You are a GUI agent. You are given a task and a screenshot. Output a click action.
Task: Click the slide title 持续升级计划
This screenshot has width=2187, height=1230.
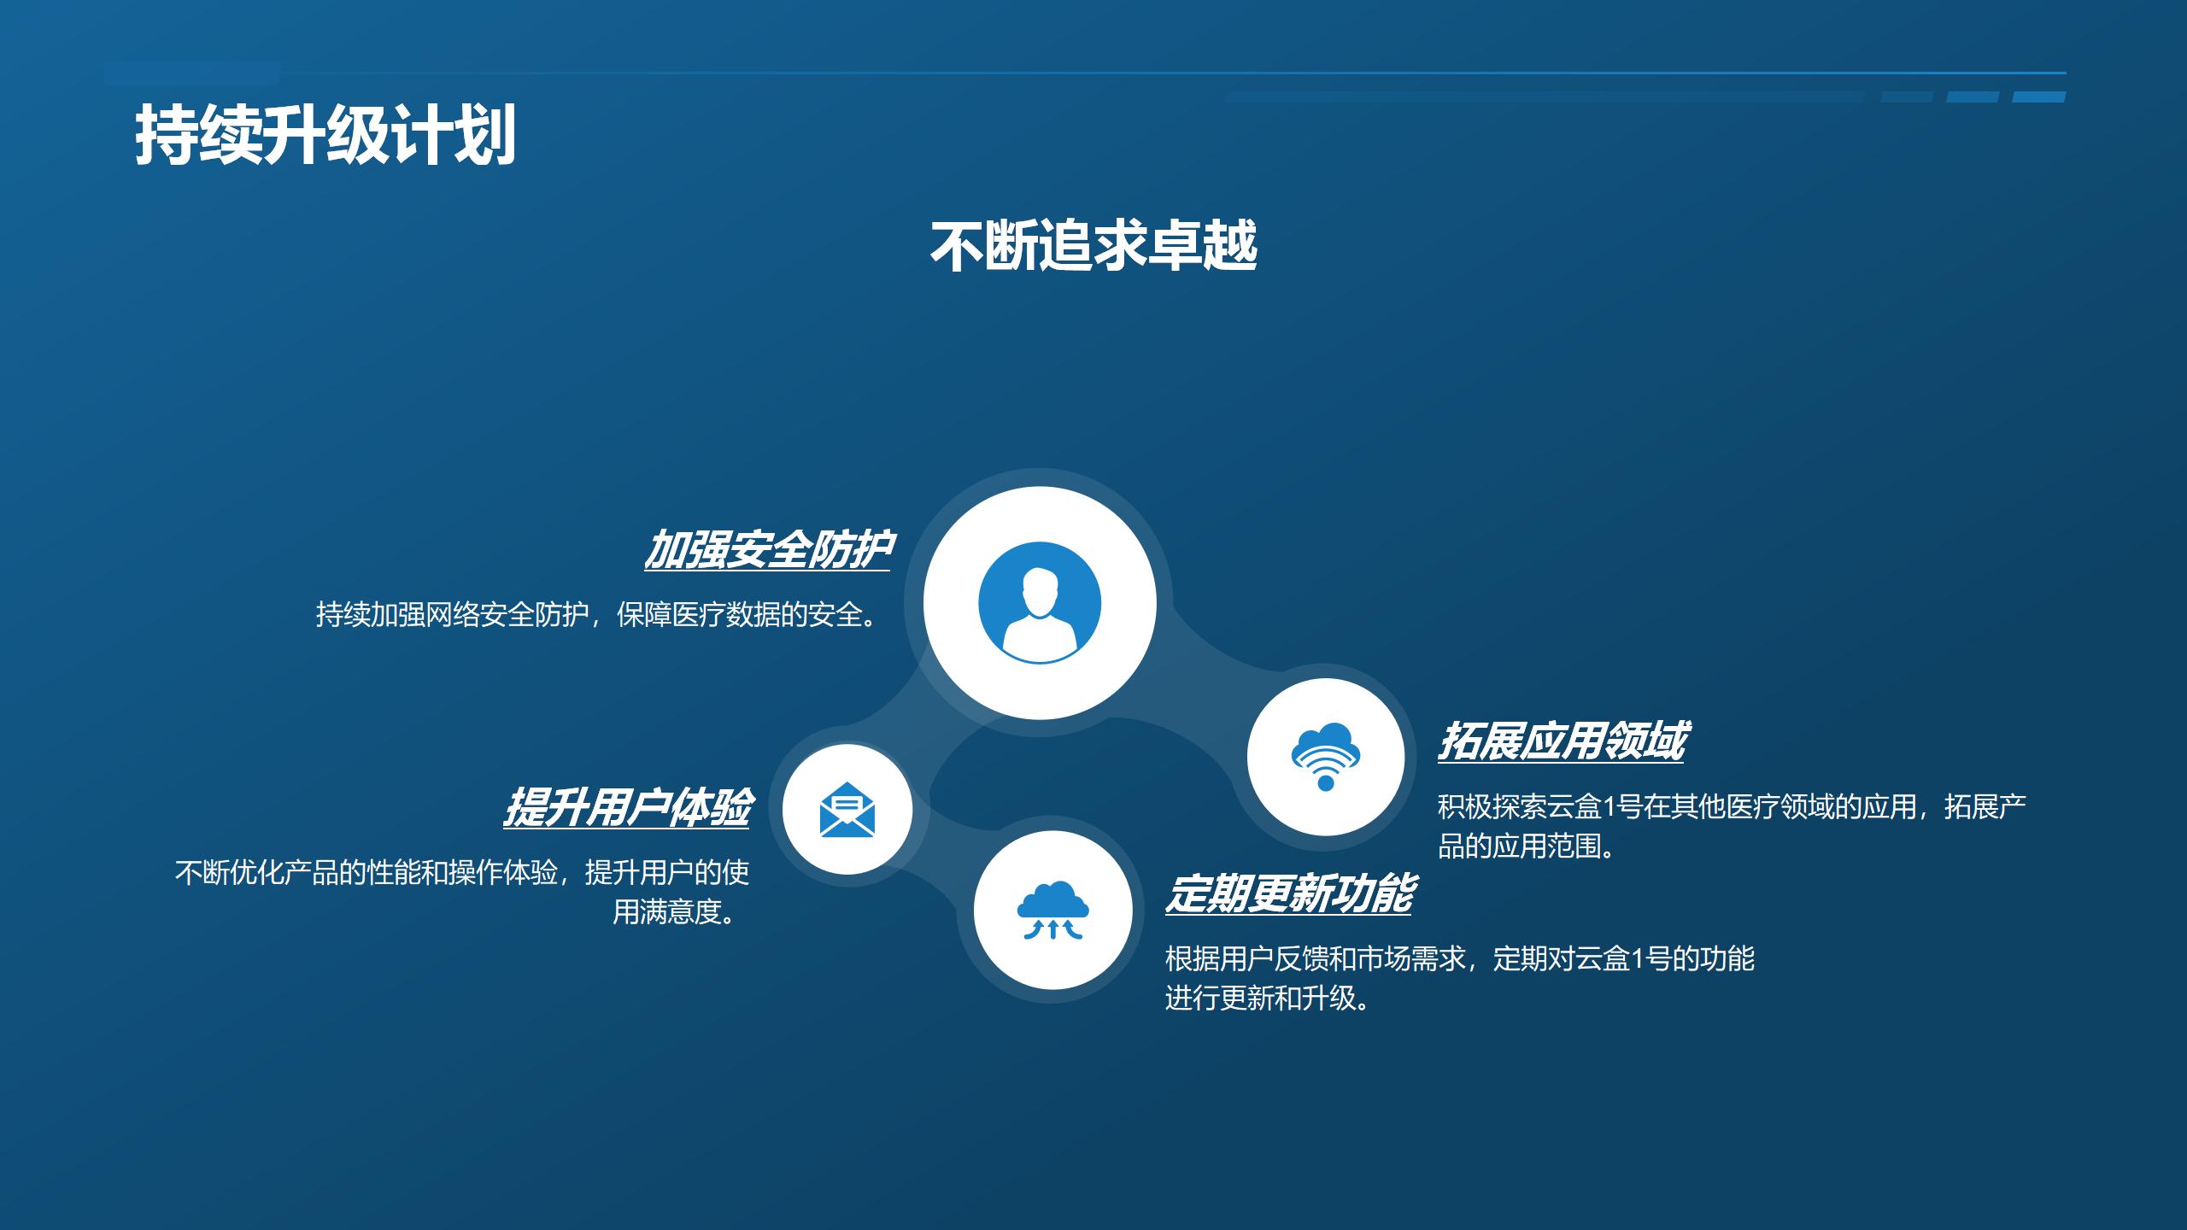tap(325, 135)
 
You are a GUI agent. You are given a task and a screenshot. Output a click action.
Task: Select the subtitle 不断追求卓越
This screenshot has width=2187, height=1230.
tap(1093, 246)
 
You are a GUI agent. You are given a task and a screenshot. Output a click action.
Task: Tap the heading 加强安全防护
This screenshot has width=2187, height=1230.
tap(767, 549)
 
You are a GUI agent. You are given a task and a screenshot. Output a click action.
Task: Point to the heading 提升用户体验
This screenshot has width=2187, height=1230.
tap(627, 807)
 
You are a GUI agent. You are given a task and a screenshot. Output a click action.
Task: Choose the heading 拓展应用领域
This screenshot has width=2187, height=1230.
tap(1561, 741)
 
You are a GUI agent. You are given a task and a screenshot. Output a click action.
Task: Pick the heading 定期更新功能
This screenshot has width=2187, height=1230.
tap(1288, 894)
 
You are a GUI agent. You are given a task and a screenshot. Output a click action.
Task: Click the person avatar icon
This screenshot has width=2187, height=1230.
tap(1040, 603)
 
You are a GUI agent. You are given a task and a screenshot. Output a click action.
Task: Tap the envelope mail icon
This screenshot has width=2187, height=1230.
tap(847, 809)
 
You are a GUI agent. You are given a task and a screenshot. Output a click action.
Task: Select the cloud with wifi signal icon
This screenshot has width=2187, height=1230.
tap(1325, 756)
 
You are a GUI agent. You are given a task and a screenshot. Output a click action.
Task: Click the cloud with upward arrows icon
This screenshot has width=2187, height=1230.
tap(1052, 911)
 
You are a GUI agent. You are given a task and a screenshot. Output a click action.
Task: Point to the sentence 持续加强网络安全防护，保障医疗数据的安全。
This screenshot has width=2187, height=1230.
tap(597, 614)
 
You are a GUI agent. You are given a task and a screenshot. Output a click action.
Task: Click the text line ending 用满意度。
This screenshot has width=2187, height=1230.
tap(675, 912)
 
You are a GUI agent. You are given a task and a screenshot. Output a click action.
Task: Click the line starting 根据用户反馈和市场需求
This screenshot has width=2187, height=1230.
tap(1459, 958)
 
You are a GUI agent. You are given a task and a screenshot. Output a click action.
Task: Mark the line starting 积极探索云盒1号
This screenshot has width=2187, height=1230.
tap(1732, 806)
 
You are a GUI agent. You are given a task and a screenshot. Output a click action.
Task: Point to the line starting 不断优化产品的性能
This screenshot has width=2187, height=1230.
tap(462, 872)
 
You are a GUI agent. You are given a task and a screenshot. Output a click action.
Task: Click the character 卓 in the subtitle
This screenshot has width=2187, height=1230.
tap(1174, 246)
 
